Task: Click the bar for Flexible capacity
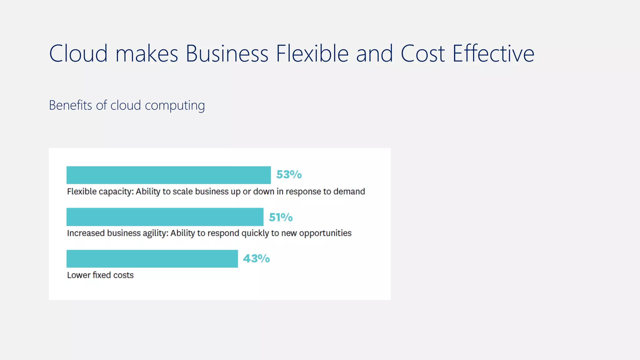[168, 175]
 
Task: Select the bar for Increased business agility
[165, 217]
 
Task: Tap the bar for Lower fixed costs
[152, 259]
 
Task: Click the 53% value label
[289, 174]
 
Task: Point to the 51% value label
[281, 217]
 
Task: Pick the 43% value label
[256, 258]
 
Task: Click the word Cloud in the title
[78, 53]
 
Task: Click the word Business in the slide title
[227, 53]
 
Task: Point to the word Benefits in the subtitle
[71, 105]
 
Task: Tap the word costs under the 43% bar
[123, 275]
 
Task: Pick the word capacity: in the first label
[116, 192]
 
